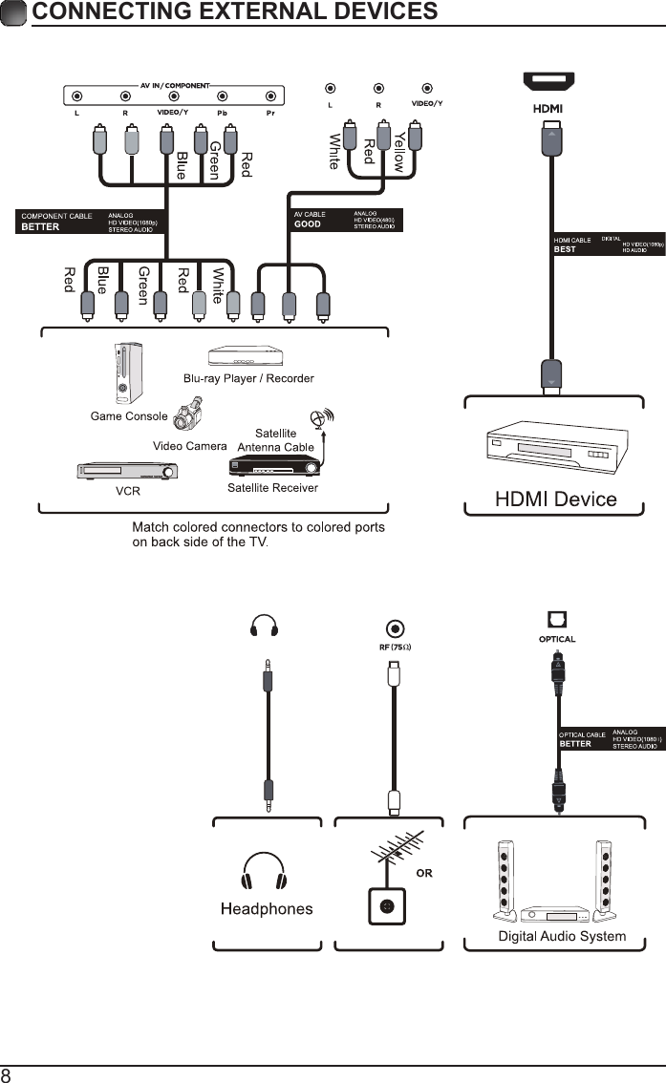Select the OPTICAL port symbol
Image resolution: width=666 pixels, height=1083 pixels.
click(x=557, y=620)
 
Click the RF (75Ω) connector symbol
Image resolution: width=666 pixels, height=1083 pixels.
click(x=394, y=629)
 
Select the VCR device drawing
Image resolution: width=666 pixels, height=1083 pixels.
click(x=127, y=472)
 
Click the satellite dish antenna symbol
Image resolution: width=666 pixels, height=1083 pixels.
click(x=320, y=419)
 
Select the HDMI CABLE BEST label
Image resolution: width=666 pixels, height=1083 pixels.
click(x=573, y=244)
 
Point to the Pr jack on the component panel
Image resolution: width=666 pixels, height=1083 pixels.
click(x=270, y=96)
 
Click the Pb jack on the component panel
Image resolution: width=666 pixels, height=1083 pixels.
click(x=222, y=96)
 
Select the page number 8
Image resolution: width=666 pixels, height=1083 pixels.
click(x=7, y=1075)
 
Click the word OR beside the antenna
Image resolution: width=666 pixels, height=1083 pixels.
click(x=423, y=873)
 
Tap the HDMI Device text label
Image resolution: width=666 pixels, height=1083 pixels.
click(x=555, y=499)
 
